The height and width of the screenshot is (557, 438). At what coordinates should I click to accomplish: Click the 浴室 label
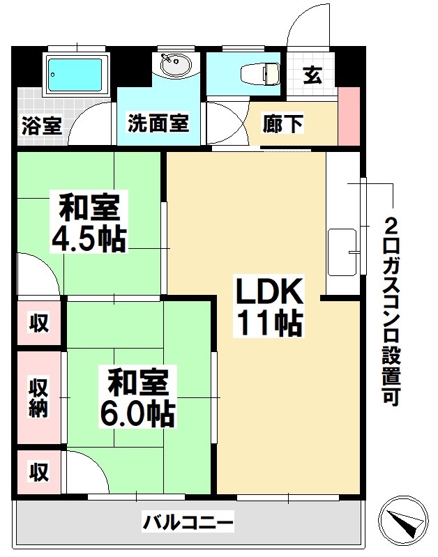pos(42,126)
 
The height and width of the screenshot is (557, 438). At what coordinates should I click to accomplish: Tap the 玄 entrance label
pos(312,75)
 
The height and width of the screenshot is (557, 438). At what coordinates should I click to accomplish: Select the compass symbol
pos(402,520)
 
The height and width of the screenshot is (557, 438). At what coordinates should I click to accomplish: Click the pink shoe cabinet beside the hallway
pos(347,115)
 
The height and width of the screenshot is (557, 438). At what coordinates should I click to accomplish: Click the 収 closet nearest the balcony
pos(38,473)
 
